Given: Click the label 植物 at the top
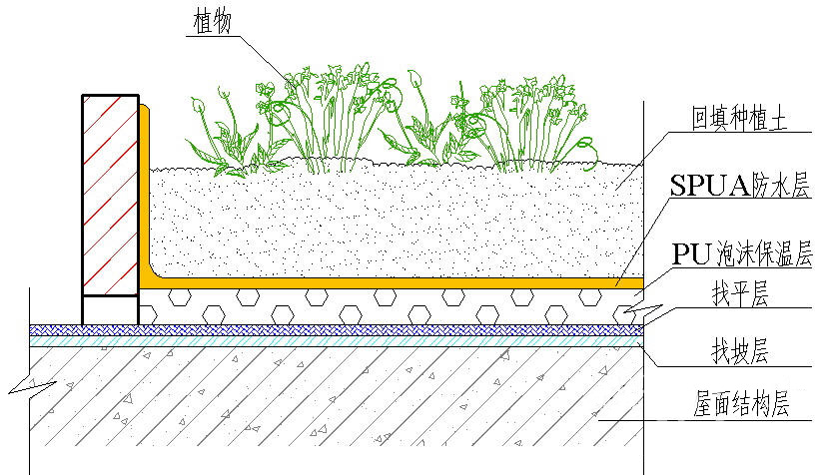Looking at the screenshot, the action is click(213, 22).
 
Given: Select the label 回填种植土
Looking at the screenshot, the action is click(739, 118).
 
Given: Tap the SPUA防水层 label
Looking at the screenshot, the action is click(739, 185).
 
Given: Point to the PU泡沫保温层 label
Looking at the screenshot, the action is click(742, 254).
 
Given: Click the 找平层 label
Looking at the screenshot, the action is click(740, 293).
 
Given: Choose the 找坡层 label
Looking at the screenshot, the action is click(740, 351).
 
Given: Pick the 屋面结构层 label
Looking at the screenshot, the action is click(741, 404).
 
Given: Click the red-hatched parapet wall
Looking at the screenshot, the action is click(111, 195).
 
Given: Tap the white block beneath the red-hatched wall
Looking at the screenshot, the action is click(111, 310).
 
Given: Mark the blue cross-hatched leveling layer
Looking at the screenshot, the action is click(337, 330).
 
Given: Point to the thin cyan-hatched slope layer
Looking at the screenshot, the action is click(337, 341).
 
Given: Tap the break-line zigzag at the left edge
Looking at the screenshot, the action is click(33, 388).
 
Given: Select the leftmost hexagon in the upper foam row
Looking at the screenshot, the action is click(180, 297).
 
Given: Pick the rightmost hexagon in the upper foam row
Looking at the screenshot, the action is click(590, 297).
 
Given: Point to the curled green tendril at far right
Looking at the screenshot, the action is click(587, 152).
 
